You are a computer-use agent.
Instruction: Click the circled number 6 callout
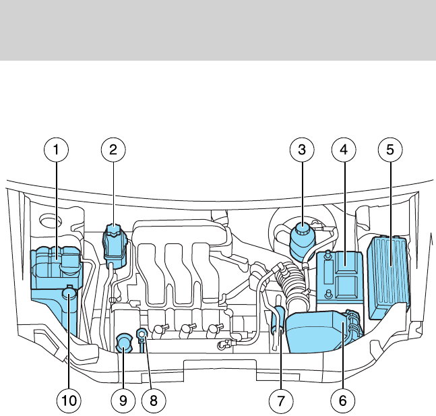[x=342, y=400]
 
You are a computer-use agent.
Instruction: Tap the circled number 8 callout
[x=154, y=400]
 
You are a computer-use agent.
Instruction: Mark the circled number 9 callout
[x=123, y=400]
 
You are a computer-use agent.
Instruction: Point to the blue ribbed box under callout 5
[x=389, y=273]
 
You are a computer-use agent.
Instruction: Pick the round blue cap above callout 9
[x=124, y=343]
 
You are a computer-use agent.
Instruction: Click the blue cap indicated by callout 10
[x=69, y=293]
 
